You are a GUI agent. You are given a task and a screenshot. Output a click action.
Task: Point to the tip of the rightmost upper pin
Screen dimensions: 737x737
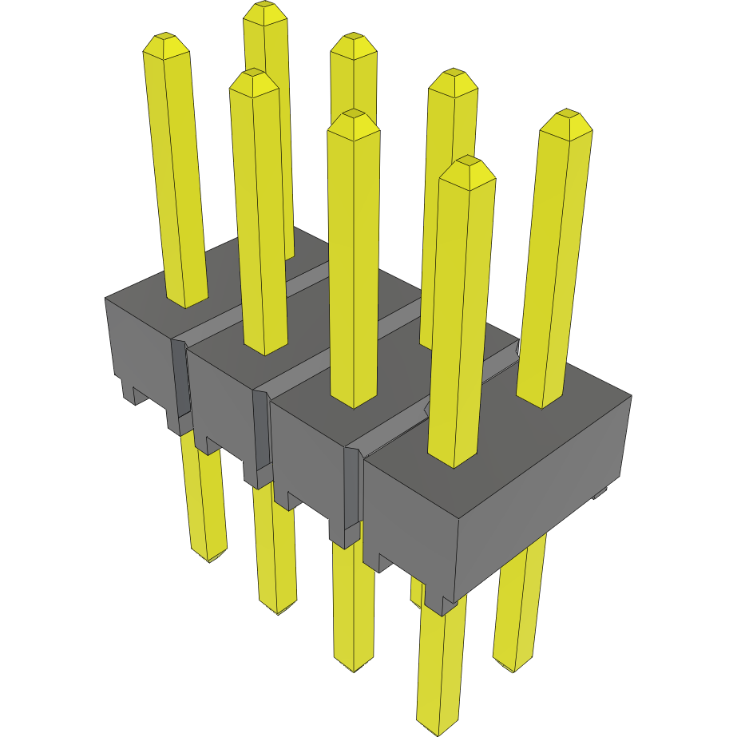568,113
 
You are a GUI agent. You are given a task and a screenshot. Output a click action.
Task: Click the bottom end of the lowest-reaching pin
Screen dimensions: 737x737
438,730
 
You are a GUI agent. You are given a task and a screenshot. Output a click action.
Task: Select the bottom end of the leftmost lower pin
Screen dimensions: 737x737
209,557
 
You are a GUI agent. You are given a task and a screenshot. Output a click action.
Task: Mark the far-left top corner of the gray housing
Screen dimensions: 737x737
105,299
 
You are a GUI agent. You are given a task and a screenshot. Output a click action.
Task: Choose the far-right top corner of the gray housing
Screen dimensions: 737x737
632,396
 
